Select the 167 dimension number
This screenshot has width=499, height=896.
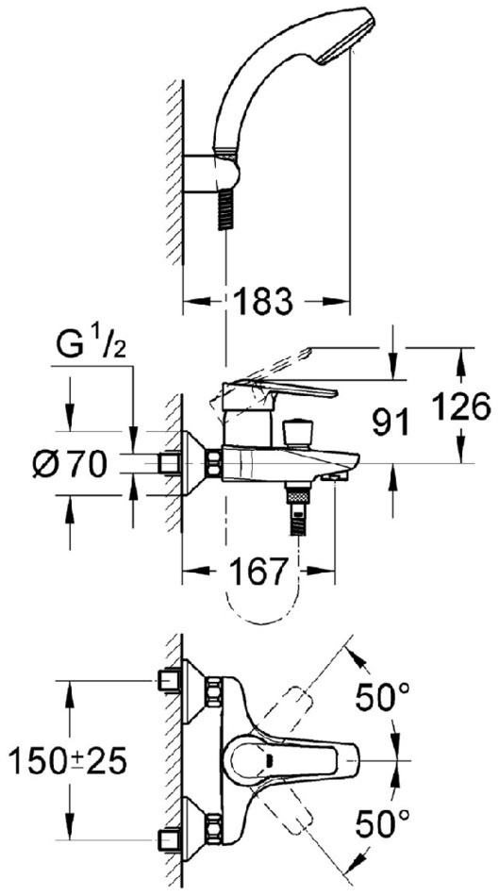pyautogui.click(x=258, y=571)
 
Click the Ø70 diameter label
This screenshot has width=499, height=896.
pyautogui.click(x=70, y=464)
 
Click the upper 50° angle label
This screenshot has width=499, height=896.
pyautogui.click(x=382, y=697)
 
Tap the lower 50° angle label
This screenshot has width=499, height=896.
pyautogui.click(x=382, y=823)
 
